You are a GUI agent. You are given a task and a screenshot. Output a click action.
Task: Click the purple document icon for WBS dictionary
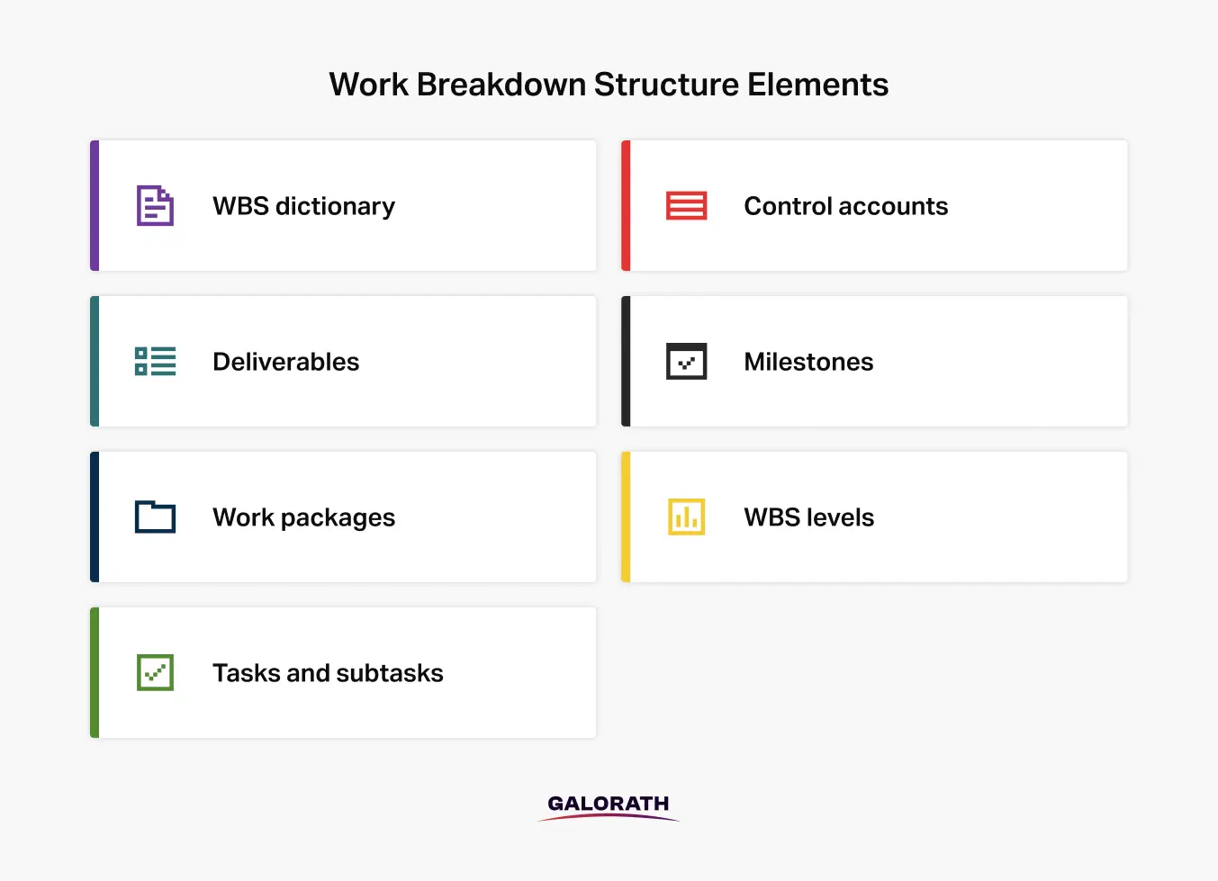pos(155,205)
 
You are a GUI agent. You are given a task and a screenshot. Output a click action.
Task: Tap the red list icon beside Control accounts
pos(686,205)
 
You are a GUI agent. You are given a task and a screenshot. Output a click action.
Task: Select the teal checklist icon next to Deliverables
pos(155,361)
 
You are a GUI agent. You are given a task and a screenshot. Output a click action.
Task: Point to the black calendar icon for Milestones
pos(686,361)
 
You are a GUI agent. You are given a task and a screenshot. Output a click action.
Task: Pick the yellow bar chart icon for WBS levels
pos(686,517)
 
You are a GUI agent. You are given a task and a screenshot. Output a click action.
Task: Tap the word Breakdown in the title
pos(501,85)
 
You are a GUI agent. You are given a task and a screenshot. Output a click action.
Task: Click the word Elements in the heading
pos(817,85)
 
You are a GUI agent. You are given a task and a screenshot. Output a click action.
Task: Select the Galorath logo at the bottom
pos(609,807)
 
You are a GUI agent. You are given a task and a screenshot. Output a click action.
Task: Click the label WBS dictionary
pos(304,207)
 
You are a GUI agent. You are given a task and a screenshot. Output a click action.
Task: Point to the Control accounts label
pos(846,206)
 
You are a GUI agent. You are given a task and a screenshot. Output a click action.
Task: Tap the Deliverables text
pos(286,362)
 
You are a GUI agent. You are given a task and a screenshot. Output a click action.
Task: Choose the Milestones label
pos(808,362)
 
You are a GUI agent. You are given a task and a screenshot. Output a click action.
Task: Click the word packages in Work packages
pos(338,518)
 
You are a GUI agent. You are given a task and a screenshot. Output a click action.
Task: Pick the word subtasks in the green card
pos(390,673)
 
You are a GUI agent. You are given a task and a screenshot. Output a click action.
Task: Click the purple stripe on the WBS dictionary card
pos(95,205)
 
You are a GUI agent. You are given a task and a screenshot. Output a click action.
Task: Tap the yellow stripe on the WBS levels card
pos(626,517)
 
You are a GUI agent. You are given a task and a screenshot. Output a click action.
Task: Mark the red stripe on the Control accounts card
pos(626,205)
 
